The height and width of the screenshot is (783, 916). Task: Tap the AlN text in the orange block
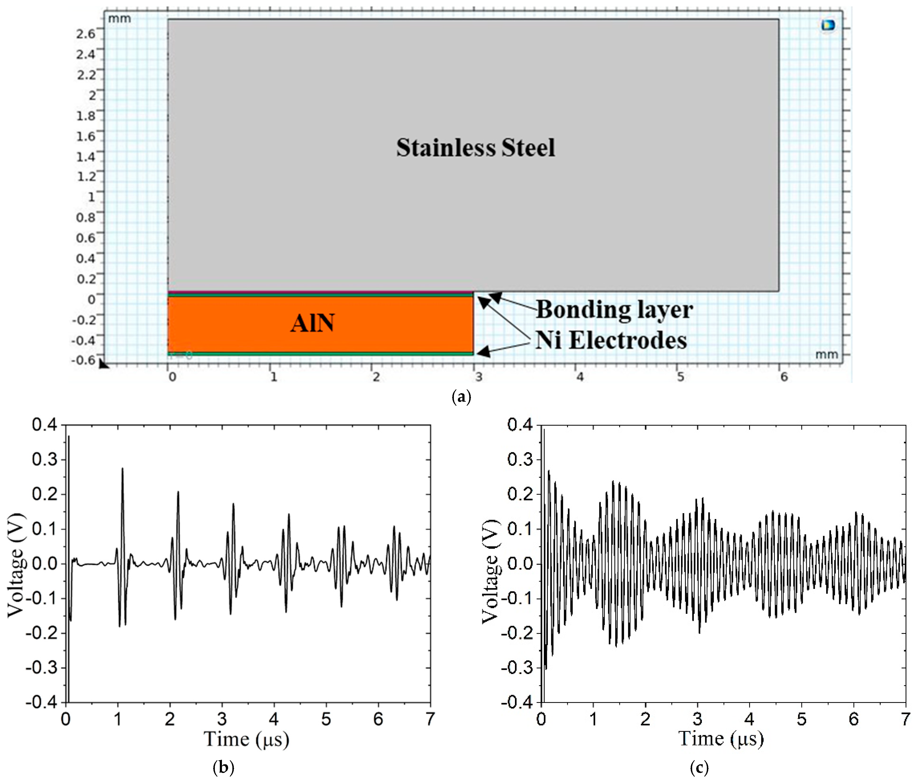click(x=312, y=323)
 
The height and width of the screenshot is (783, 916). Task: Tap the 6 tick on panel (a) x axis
click(x=784, y=377)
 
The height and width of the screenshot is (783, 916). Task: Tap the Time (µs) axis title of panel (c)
click(x=721, y=738)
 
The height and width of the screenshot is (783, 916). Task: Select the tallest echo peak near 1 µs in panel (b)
click(x=122, y=469)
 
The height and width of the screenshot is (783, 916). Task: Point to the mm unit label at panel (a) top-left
click(x=119, y=18)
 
